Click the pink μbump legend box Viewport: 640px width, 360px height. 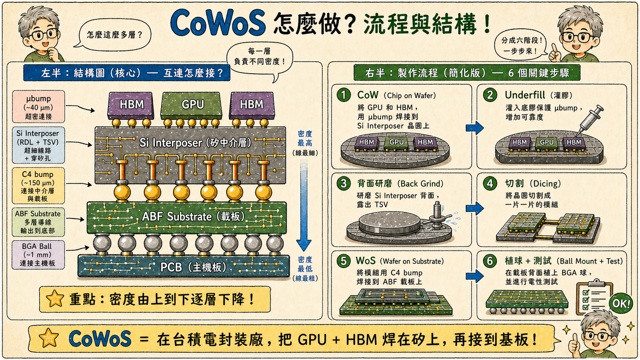(39, 107)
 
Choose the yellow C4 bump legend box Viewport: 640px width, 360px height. (38, 186)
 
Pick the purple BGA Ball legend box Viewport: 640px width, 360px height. (38, 255)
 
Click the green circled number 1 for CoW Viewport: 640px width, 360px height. (344, 95)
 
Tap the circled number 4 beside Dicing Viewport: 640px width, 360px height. (490, 183)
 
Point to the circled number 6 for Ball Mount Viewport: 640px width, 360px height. (490, 261)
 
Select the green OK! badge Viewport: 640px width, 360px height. (620, 303)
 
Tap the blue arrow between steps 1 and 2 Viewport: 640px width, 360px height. (475, 128)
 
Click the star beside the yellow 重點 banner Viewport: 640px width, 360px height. (55, 299)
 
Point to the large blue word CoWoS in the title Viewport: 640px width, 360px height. (218, 23)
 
